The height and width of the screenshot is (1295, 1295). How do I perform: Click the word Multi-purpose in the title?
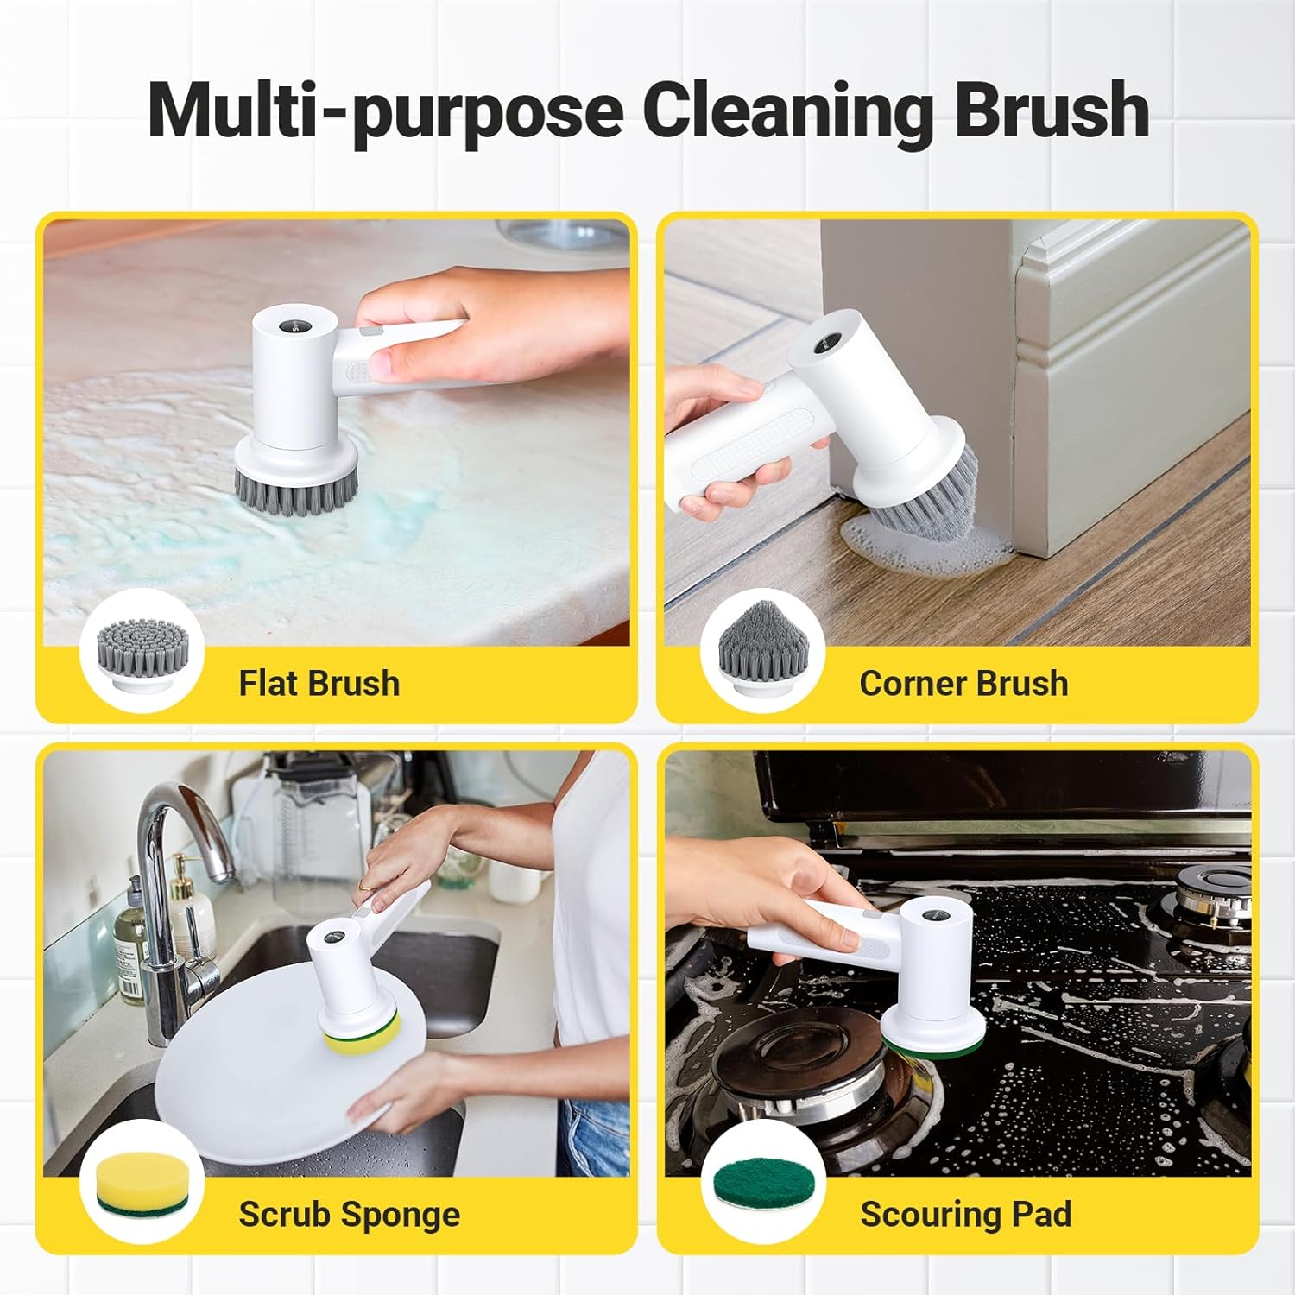(x=385, y=111)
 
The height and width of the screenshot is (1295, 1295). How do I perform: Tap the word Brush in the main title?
(x=1052, y=110)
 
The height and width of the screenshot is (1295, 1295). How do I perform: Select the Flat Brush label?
(x=319, y=683)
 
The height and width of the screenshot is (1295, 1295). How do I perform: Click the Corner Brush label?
(x=963, y=683)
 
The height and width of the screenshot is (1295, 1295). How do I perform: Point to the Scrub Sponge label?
(x=349, y=1214)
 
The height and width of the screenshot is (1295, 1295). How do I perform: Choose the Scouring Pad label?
(x=965, y=1214)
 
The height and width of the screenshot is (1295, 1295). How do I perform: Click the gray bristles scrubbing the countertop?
(x=297, y=490)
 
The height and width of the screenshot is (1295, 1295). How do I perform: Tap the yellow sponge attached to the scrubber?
(x=361, y=1027)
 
